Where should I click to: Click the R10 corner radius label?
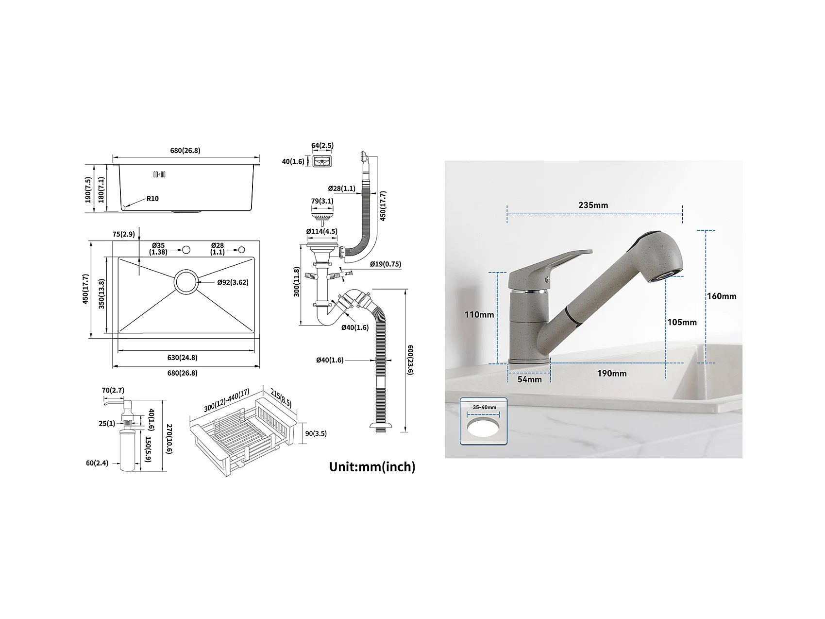pos(152,199)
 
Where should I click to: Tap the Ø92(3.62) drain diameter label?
pos(233,282)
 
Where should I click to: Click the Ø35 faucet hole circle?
pos(185,249)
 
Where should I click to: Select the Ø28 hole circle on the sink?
pos(241,249)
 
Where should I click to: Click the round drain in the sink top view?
pos(186,281)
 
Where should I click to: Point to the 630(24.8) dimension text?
pos(182,358)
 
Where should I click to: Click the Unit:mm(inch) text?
pos(372,467)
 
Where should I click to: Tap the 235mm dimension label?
pos(593,205)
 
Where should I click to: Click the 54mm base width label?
pos(529,379)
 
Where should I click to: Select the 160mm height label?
pos(722,296)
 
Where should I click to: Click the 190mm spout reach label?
pos(612,374)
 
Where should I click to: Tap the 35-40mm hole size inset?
pos(484,422)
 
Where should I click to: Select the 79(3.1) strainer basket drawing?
pos(321,214)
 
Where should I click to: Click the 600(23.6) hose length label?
pos(410,360)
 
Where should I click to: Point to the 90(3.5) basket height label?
pos(316,434)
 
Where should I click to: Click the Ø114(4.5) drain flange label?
pos(321,232)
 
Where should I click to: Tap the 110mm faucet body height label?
pos(479,315)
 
